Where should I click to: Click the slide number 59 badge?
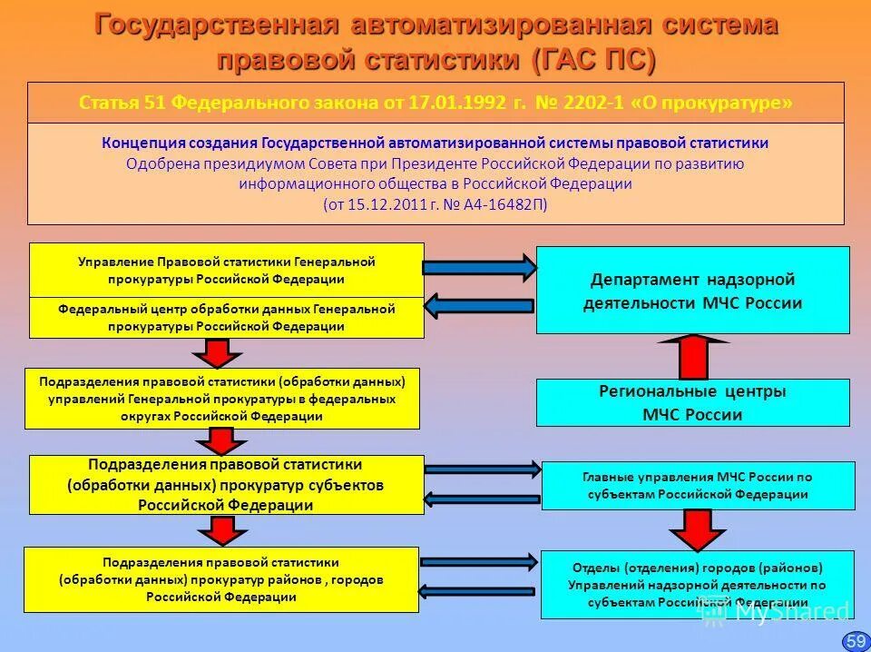855,640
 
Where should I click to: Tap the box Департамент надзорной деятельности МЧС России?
692,291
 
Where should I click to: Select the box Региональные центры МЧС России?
692,402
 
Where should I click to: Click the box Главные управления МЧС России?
697,485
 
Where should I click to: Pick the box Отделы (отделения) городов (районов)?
697,584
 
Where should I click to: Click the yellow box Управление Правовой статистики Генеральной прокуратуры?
226,270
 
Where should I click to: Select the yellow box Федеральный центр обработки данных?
226,318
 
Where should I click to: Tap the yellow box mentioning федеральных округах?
222,398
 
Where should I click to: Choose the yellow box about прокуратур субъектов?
226,485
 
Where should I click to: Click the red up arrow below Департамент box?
692,356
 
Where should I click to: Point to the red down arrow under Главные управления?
696,529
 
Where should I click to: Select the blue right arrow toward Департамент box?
480,267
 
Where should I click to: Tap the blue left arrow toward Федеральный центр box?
480,306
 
